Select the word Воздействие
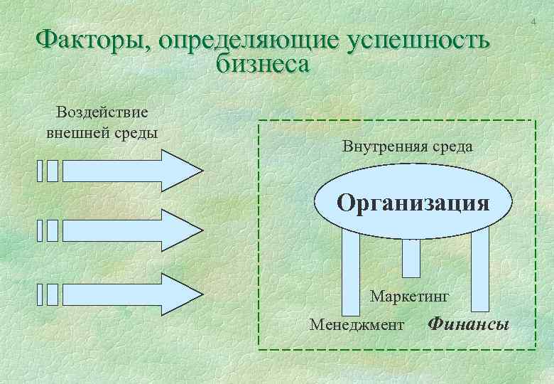point(102,113)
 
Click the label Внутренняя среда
point(407,147)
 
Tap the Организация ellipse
point(413,203)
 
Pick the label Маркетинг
point(411,295)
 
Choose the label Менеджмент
point(357,325)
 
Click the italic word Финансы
point(469,325)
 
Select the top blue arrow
point(131,171)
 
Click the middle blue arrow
point(131,230)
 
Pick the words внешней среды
point(102,133)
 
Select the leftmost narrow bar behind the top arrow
point(40,171)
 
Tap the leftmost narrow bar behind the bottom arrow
point(40,294)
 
